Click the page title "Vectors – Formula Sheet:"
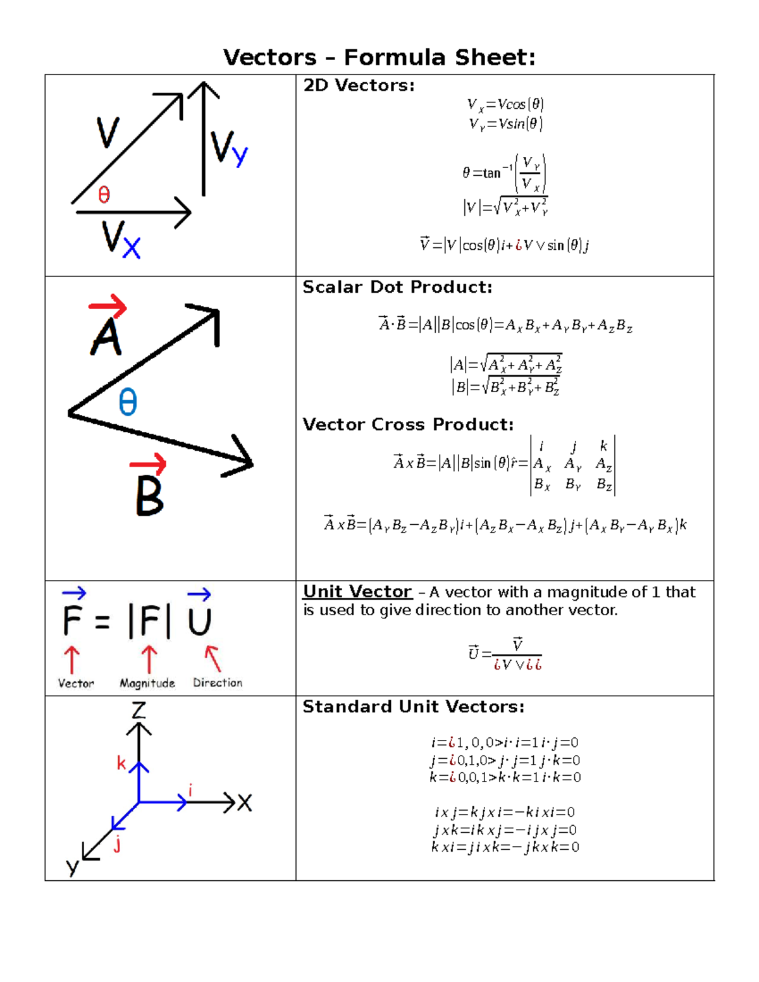[x=379, y=58]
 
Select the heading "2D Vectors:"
[x=359, y=85]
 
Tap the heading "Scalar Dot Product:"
[x=397, y=287]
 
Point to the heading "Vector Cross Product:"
[x=408, y=424]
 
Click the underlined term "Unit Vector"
[x=357, y=592]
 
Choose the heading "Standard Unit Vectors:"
[x=414, y=706]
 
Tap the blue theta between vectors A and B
[x=128, y=402]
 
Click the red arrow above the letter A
[x=108, y=307]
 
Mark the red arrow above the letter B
[x=148, y=465]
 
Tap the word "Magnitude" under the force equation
[x=147, y=683]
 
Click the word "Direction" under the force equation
[x=218, y=683]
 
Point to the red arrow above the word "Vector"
[x=72, y=660]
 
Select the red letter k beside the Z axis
[x=121, y=763]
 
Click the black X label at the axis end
[x=244, y=803]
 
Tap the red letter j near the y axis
[x=118, y=844]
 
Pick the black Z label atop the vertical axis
[x=139, y=710]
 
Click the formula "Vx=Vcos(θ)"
[x=505, y=104]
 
